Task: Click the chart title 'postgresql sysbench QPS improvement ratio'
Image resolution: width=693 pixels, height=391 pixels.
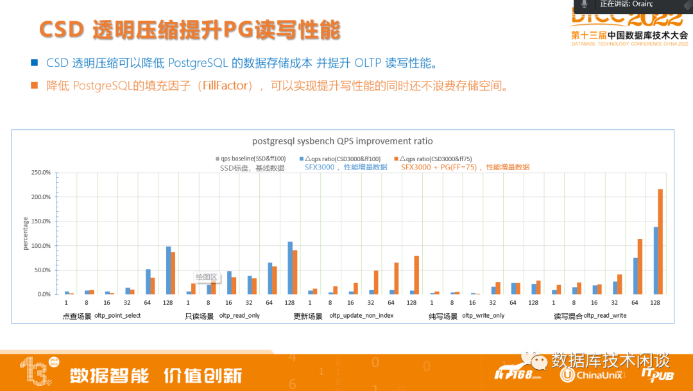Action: point(342,141)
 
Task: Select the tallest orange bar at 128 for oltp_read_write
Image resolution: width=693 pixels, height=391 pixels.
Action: point(660,241)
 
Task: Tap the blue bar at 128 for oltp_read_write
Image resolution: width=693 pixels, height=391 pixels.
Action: point(655,260)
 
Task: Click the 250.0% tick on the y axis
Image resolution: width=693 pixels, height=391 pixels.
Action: point(41,173)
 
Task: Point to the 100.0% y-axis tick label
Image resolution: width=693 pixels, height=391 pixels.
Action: point(41,246)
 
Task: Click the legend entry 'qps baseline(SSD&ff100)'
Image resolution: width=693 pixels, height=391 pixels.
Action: point(250,158)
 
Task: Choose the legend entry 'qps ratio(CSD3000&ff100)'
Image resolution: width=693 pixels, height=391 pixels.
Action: point(343,158)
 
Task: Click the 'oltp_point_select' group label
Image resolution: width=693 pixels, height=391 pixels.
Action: point(117,316)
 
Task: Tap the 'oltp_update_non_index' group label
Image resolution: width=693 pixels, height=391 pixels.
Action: point(361,316)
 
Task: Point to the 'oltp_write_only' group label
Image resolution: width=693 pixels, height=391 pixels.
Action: point(483,316)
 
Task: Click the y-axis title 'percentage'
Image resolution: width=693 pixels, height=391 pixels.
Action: point(26,234)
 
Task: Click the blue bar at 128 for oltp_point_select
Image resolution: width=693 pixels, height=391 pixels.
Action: point(168,270)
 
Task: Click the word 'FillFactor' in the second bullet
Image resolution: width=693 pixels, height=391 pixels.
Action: point(225,85)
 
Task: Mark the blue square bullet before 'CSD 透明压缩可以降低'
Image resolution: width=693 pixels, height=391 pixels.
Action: point(34,63)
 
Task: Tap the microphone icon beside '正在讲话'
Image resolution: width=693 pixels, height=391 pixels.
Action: point(584,4)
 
